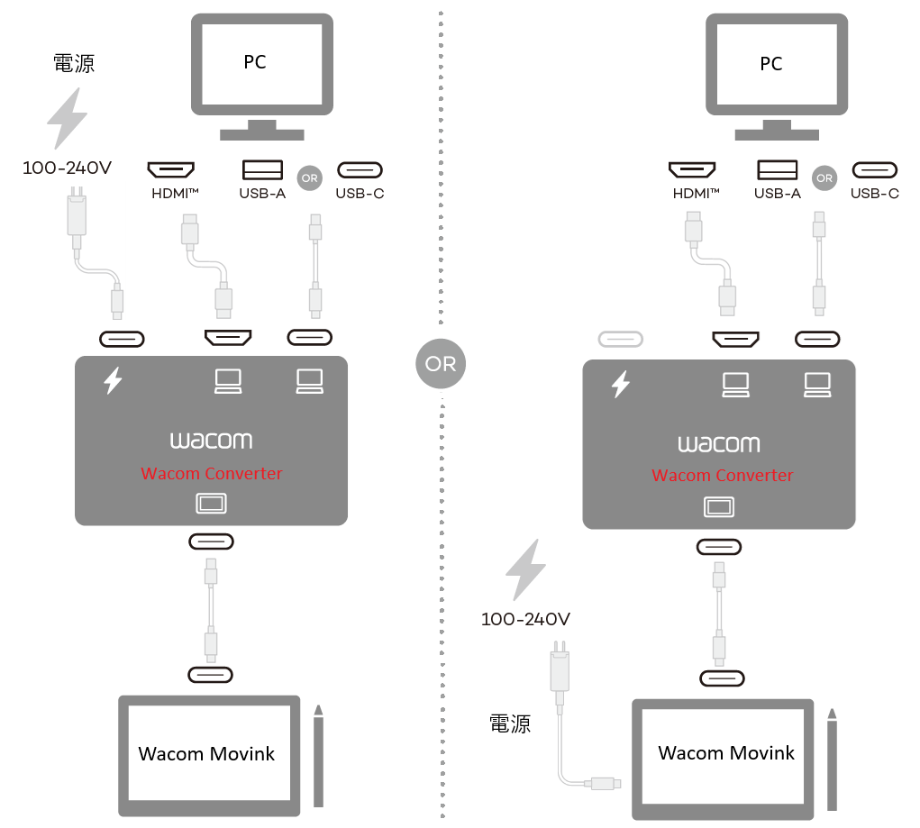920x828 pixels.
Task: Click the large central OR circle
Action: click(441, 364)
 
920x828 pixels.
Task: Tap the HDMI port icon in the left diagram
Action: click(171, 169)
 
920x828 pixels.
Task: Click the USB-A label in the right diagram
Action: click(777, 194)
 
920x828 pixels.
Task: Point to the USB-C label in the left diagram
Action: click(360, 194)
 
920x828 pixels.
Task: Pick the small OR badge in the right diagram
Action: click(824, 178)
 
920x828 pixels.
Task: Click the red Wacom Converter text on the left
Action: click(212, 474)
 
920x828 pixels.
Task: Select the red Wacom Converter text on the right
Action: click(722, 476)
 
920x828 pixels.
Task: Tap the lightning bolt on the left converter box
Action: click(113, 381)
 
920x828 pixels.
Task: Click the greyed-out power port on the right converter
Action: click(622, 340)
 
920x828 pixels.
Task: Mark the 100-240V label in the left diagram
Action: click(67, 168)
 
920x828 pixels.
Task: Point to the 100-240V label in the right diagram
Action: click(525, 620)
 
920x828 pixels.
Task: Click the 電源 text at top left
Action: click(74, 63)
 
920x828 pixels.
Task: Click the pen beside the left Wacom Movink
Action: click(318, 756)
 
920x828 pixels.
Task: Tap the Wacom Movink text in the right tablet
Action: click(726, 753)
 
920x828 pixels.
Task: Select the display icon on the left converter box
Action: click(211, 504)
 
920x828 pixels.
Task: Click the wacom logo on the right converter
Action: click(718, 444)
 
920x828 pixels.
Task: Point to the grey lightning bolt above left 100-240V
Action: click(68, 117)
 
